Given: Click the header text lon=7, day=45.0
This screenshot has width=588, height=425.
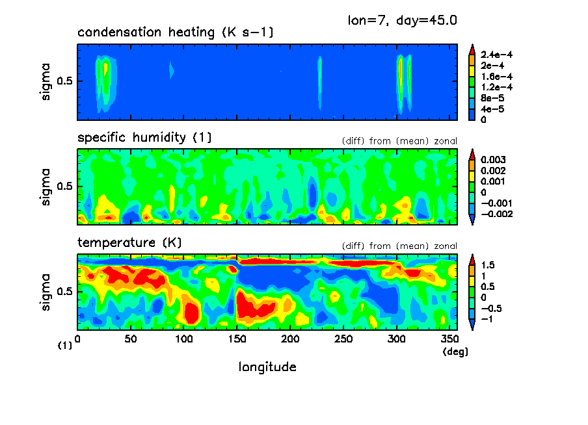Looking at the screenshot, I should click(403, 19).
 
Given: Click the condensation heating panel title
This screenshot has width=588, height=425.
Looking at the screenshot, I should click(175, 32).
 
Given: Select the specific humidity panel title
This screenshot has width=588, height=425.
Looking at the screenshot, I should click(144, 138).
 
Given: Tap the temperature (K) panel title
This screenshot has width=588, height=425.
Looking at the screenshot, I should click(129, 243).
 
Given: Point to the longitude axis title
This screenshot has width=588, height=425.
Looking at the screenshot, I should click(267, 367).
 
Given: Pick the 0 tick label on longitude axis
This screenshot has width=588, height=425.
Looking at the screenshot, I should click(78, 339).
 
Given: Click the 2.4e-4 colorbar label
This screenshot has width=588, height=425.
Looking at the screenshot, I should click(496, 55).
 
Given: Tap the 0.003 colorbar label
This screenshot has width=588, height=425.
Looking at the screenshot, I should click(492, 160).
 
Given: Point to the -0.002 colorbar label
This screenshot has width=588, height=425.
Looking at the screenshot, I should click(495, 214).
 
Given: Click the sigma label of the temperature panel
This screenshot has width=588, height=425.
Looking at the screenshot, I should click(46, 292).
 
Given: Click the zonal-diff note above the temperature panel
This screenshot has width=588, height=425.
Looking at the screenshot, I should click(399, 246).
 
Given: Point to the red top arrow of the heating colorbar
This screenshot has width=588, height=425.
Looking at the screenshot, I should click(472, 47).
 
